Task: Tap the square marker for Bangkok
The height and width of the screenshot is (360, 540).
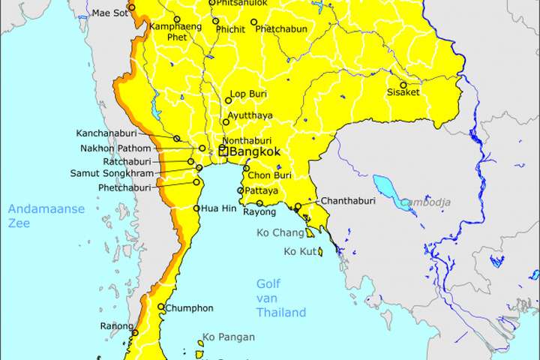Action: coord(223,151)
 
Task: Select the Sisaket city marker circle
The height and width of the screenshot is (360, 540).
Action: coord(403,85)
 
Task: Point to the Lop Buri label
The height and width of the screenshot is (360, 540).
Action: coord(249,94)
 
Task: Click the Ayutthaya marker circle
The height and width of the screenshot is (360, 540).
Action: coord(225,121)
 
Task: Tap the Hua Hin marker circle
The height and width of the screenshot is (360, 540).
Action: coord(196,208)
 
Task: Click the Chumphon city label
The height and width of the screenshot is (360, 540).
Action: coord(190,308)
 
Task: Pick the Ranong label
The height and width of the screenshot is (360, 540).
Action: coord(115,326)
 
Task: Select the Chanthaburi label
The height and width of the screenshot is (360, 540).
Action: coord(347,201)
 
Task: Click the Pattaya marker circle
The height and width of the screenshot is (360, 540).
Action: coord(241,191)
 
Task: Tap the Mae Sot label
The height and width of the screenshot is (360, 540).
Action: coord(109,13)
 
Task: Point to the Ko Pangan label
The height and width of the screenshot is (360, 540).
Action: coord(227,337)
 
